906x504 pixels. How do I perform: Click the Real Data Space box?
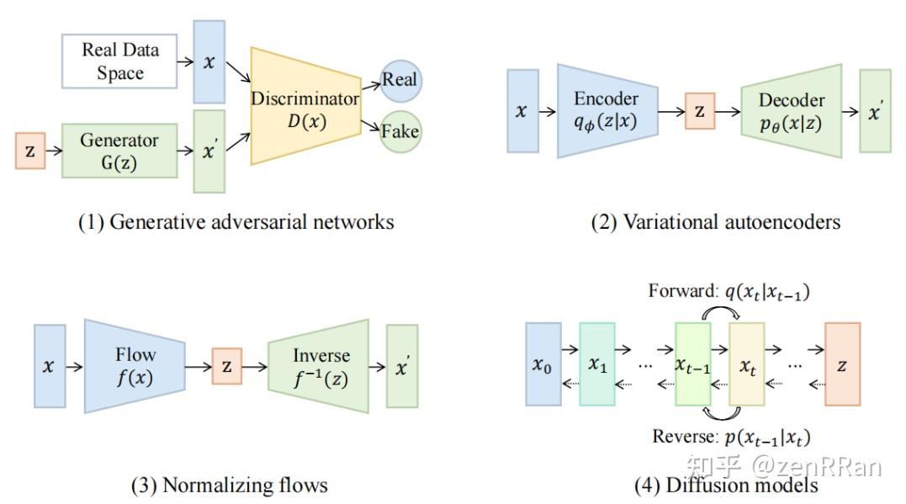click(x=119, y=61)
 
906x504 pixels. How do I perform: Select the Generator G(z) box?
click(x=119, y=151)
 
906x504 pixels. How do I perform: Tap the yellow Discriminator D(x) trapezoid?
click(x=304, y=110)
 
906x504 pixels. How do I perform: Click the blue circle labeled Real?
click(x=400, y=81)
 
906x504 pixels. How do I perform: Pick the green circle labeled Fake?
click(x=400, y=132)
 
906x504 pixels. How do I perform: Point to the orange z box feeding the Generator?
click(x=29, y=151)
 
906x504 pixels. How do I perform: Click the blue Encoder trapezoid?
click(x=606, y=110)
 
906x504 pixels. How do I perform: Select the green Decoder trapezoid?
click(x=791, y=110)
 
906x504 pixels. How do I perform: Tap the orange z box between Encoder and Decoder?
click(x=699, y=111)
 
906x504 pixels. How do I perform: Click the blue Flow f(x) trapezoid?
click(x=135, y=365)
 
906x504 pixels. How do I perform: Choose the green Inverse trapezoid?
click(x=319, y=365)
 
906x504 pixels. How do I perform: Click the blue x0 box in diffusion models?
click(x=543, y=364)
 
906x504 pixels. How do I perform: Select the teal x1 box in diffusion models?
click(x=597, y=364)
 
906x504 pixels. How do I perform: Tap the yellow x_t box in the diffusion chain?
click(x=747, y=364)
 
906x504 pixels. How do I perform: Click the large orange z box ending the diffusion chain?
click(x=842, y=364)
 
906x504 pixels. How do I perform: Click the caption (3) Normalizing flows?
click(x=229, y=485)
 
